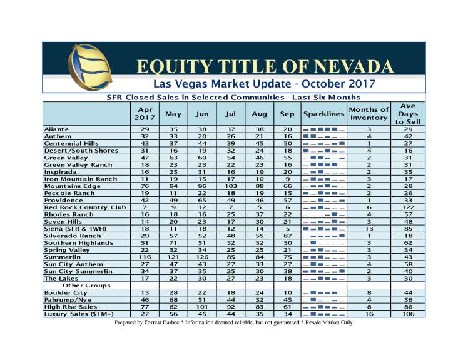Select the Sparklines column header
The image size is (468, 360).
[323, 114]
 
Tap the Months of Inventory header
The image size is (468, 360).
[369, 114]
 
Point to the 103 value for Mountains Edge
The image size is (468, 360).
[230, 186]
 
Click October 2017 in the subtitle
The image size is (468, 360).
[335, 83]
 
